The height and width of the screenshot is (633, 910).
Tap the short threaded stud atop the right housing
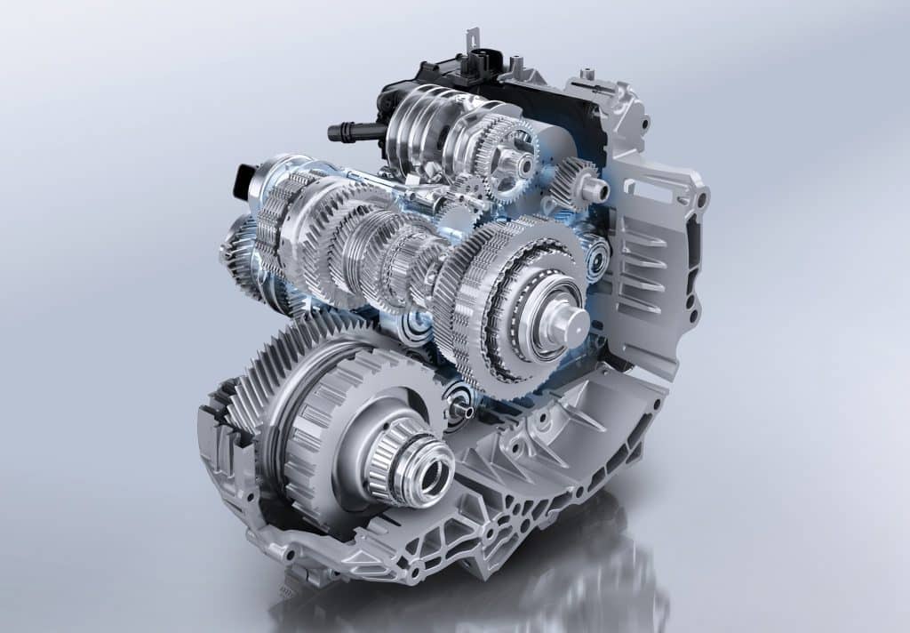[x=587, y=75]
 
